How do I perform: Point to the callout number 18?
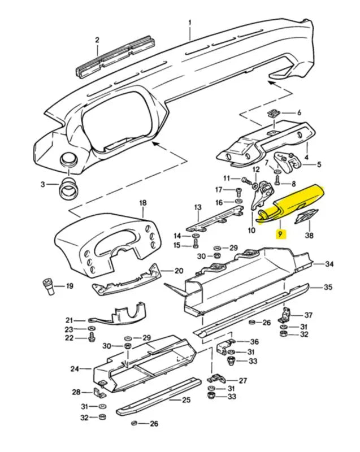coord(142,203)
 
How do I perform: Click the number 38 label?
coord(309,234)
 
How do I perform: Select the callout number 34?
coord(330,264)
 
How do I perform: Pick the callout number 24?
coord(74,369)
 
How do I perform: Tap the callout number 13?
coord(198,208)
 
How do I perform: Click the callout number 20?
coord(179,271)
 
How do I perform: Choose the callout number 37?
coord(309,315)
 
